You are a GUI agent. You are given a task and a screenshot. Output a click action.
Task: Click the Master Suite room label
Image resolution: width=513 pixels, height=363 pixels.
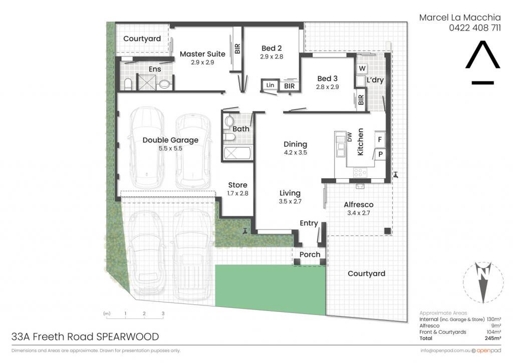coord(202,54)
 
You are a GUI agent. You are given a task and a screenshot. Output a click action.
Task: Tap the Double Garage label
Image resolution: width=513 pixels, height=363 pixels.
coord(170,140)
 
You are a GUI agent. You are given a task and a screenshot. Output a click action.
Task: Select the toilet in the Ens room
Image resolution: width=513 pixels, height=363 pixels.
coord(128,84)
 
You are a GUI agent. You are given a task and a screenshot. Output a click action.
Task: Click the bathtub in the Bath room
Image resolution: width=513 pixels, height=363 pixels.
coord(237,153)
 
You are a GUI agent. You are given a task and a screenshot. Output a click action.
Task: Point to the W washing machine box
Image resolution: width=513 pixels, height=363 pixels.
coord(362,69)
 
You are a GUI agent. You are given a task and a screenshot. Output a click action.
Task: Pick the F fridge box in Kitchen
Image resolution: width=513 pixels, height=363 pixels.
coord(380,140)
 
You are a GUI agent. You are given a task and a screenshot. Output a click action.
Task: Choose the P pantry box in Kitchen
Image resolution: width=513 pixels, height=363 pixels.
coord(380,154)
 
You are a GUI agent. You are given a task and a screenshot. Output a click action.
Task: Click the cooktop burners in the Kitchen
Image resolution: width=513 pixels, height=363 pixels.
coord(360,172)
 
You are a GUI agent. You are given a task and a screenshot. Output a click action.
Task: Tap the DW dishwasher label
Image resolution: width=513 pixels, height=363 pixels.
coord(349,137)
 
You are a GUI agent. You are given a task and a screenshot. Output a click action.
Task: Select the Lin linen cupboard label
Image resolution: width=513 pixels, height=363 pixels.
coord(270,85)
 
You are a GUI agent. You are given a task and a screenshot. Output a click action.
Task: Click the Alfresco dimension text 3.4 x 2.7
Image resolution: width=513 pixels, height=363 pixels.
coord(359,213)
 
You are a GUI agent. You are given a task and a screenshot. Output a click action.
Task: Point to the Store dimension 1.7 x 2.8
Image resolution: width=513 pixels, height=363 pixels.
coord(238,193)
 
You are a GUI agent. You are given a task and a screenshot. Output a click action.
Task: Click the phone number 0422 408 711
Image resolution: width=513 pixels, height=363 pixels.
coord(475,28)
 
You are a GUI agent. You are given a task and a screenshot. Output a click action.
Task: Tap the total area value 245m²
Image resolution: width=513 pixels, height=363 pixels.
coord(493,338)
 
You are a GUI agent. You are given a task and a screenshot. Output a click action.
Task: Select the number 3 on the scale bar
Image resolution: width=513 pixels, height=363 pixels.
coord(163,313)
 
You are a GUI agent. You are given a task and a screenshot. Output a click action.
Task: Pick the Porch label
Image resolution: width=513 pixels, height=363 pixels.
coord(310,254)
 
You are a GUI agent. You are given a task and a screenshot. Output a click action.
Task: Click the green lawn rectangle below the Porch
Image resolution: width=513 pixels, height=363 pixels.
coord(270,288)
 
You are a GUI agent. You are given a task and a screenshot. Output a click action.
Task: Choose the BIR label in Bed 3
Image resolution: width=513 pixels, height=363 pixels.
coord(361,100)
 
